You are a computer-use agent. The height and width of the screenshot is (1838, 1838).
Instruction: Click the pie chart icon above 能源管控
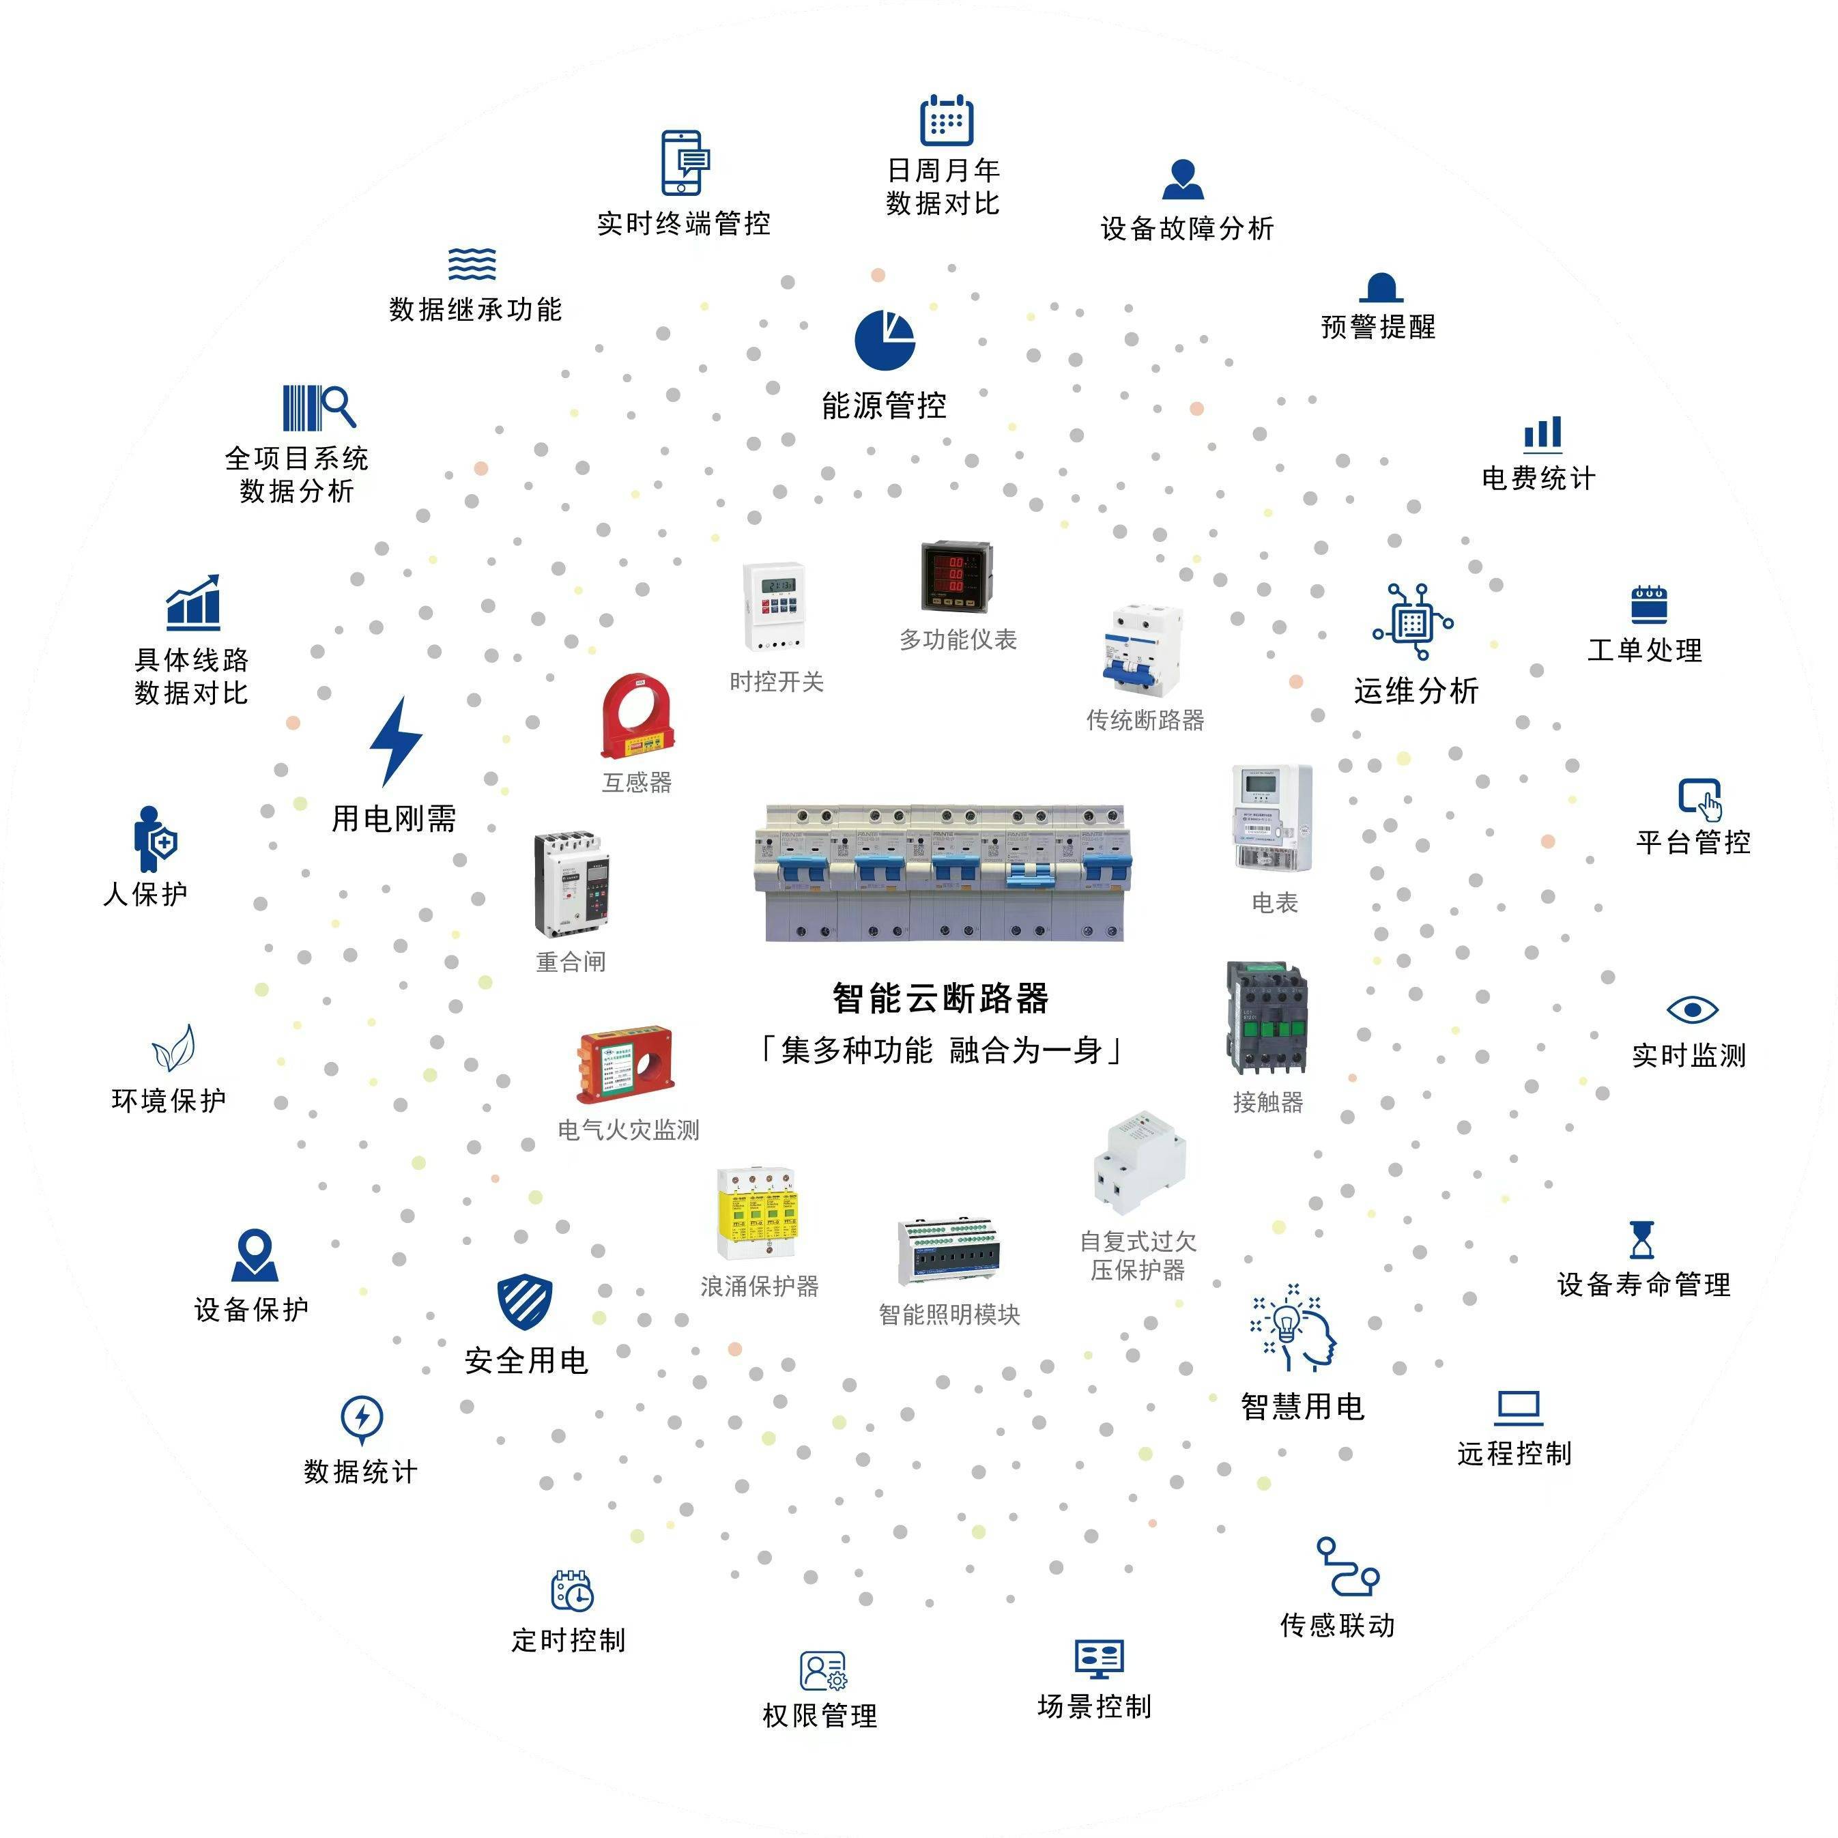coord(884,340)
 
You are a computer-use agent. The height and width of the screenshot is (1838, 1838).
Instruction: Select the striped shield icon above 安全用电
coord(524,1302)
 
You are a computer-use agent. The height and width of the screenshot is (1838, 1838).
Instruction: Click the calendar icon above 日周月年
coord(946,120)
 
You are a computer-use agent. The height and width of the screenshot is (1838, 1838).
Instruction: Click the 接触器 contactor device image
coord(1267,1017)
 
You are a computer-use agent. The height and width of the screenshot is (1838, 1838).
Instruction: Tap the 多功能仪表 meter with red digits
coord(955,577)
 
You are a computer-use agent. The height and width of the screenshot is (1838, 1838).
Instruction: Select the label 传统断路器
coord(1145,720)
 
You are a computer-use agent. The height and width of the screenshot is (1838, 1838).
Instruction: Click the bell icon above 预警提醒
coord(1381,287)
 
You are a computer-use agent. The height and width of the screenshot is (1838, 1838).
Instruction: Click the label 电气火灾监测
coord(628,1130)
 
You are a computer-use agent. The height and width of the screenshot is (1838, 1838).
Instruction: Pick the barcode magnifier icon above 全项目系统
coord(319,408)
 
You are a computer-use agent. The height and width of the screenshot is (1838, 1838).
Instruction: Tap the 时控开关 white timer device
coord(775,607)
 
